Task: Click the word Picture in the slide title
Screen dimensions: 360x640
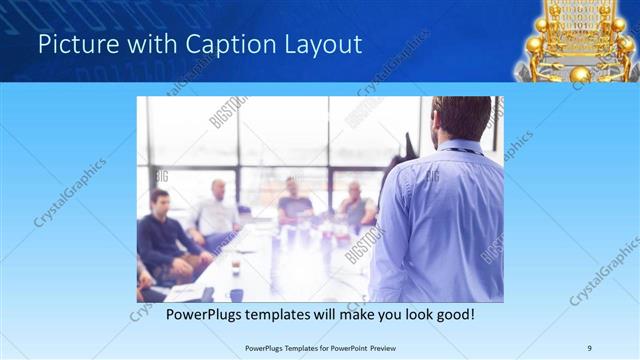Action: click(71, 45)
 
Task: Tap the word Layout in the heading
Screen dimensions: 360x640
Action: click(317, 45)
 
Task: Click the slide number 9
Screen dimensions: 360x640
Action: click(590, 347)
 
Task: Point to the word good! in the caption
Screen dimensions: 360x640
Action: click(452, 314)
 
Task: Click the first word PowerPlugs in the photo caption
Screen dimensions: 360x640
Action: click(203, 314)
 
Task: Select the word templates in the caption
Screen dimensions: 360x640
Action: click(288, 314)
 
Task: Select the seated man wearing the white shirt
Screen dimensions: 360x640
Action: click(215, 210)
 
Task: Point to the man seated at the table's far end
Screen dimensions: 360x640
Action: click(295, 200)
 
